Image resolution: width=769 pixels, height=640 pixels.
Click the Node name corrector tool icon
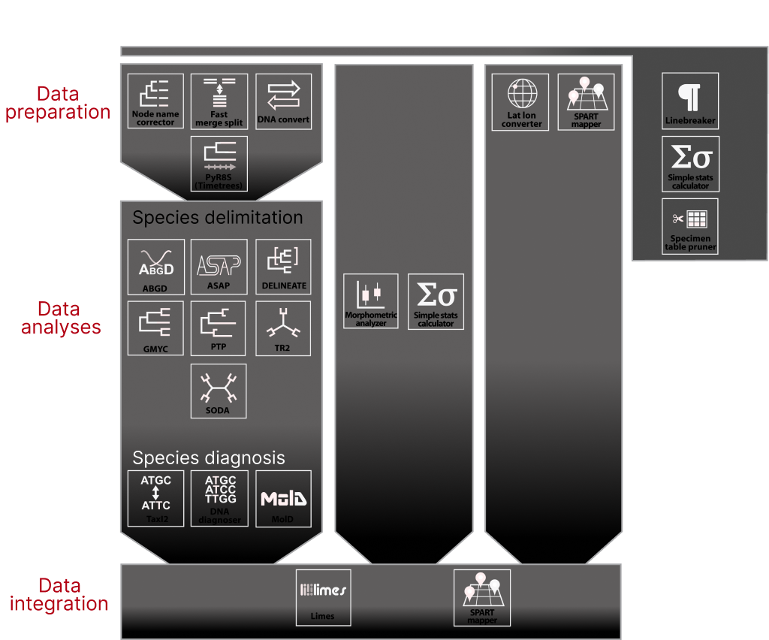pos(155,101)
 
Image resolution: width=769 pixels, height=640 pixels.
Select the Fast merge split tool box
pos(219,101)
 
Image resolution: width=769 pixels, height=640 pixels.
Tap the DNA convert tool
pos(283,101)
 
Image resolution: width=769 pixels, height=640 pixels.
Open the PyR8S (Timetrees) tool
pos(219,164)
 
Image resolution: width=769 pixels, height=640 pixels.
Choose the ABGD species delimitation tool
pos(155,267)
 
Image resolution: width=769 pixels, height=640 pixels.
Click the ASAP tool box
pos(219,267)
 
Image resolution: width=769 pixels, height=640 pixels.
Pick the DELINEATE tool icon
pos(283,267)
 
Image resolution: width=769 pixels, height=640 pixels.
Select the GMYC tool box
pos(155,328)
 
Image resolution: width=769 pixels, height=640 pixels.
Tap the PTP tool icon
pos(219,328)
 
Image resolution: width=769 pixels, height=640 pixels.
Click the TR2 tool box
pos(283,328)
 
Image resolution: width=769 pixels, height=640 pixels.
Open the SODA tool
pos(219,391)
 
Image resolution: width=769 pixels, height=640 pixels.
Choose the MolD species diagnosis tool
pos(283,498)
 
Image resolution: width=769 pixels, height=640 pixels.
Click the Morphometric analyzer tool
pos(371,301)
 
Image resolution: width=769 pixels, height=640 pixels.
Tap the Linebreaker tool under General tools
pos(690,101)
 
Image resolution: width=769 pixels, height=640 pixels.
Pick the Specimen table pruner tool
pos(690,226)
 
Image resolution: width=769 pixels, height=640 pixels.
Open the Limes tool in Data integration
pos(323,597)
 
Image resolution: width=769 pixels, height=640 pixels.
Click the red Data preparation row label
pos(58,103)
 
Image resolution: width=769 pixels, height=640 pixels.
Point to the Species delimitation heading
pos(218,218)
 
